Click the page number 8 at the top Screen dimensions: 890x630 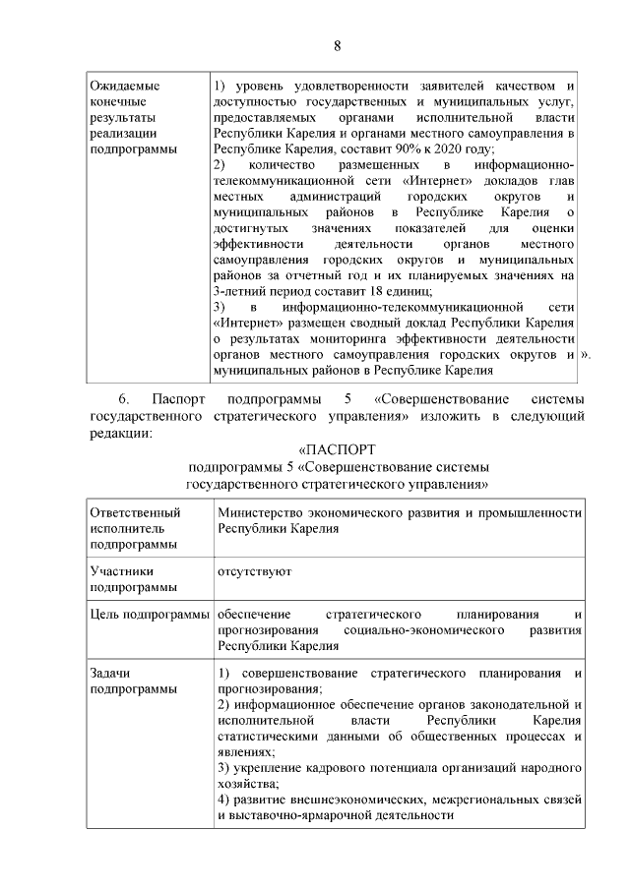[336, 46]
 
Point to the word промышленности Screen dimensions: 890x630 [531, 512]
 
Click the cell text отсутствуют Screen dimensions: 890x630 [253, 570]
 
